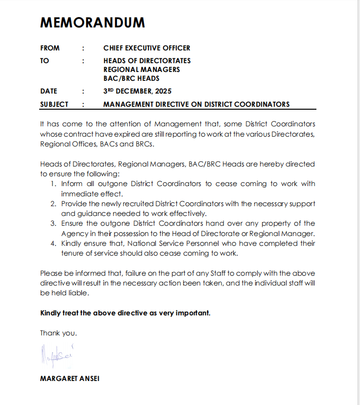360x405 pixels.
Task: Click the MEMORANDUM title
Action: [x=93, y=23]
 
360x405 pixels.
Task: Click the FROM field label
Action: [x=50, y=48]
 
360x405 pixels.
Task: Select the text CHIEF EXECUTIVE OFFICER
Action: [x=146, y=48]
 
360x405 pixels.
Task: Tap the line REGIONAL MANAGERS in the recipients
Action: [x=142, y=70]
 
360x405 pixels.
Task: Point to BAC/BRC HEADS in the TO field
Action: [x=131, y=78]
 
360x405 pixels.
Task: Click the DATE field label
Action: [x=48, y=91]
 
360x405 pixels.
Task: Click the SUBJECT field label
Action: [x=54, y=104]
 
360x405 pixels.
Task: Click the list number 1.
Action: [x=53, y=184]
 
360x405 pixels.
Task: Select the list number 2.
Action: [x=53, y=203]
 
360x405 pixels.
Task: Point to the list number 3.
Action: [x=53, y=223]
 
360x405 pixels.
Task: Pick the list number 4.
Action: [x=53, y=243]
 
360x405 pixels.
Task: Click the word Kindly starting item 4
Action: [x=72, y=243]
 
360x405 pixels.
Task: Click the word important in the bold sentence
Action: [x=192, y=313]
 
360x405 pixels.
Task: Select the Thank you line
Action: [x=58, y=333]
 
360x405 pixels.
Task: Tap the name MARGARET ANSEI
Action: [x=70, y=379]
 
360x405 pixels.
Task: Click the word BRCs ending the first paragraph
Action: [x=145, y=144]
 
